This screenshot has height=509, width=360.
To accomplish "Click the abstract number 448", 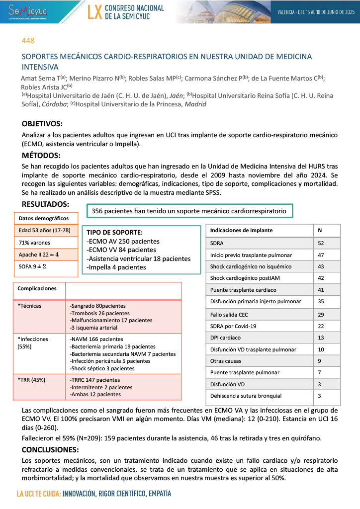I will pyautogui.click(x=28, y=40).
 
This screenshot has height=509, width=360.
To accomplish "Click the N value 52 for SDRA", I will pyautogui.click(x=322, y=243).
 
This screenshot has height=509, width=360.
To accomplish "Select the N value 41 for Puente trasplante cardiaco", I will pyautogui.click(x=322, y=289).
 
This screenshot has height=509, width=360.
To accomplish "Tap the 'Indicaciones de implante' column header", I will pyautogui.click(x=242, y=231).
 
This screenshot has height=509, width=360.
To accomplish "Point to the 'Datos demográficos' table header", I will pyautogui.click(x=41, y=218).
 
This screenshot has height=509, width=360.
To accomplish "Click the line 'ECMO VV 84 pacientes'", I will pyautogui.click(x=121, y=250).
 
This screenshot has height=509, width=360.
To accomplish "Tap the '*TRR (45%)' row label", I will pyautogui.click(x=32, y=380).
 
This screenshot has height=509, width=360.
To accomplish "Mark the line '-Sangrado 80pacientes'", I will pyautogui.click(x=98, y=306).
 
